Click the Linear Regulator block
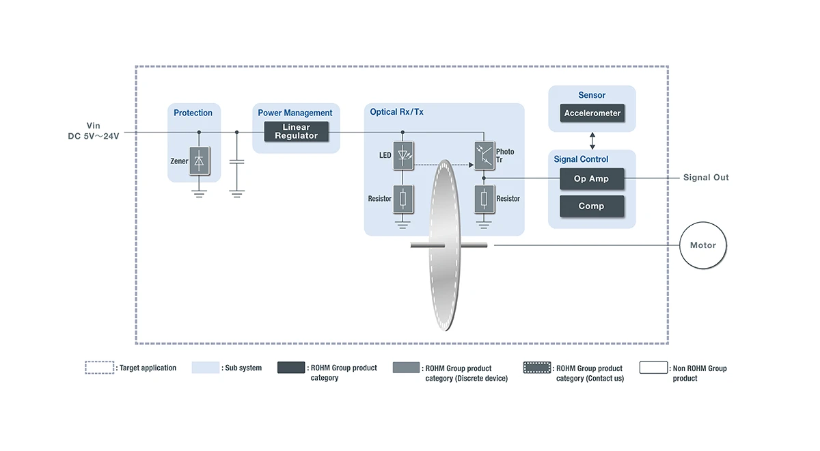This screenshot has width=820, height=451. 296,132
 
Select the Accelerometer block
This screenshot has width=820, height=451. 592,113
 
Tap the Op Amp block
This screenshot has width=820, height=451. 592,179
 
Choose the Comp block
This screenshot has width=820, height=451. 592,206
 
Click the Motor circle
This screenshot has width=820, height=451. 702,245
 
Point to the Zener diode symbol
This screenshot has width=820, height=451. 200,161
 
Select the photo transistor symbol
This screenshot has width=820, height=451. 484,154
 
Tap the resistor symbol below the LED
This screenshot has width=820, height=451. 402,199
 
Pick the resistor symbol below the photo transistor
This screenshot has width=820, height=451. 484,199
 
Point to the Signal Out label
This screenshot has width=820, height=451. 706,178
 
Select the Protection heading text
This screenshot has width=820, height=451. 193,113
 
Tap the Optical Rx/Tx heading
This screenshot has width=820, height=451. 396,112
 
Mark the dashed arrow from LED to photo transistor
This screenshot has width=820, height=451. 441,165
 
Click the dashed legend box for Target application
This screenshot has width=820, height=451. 100,368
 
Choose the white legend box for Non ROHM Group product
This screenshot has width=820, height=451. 654,368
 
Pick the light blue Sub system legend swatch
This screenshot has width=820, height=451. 206,368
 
